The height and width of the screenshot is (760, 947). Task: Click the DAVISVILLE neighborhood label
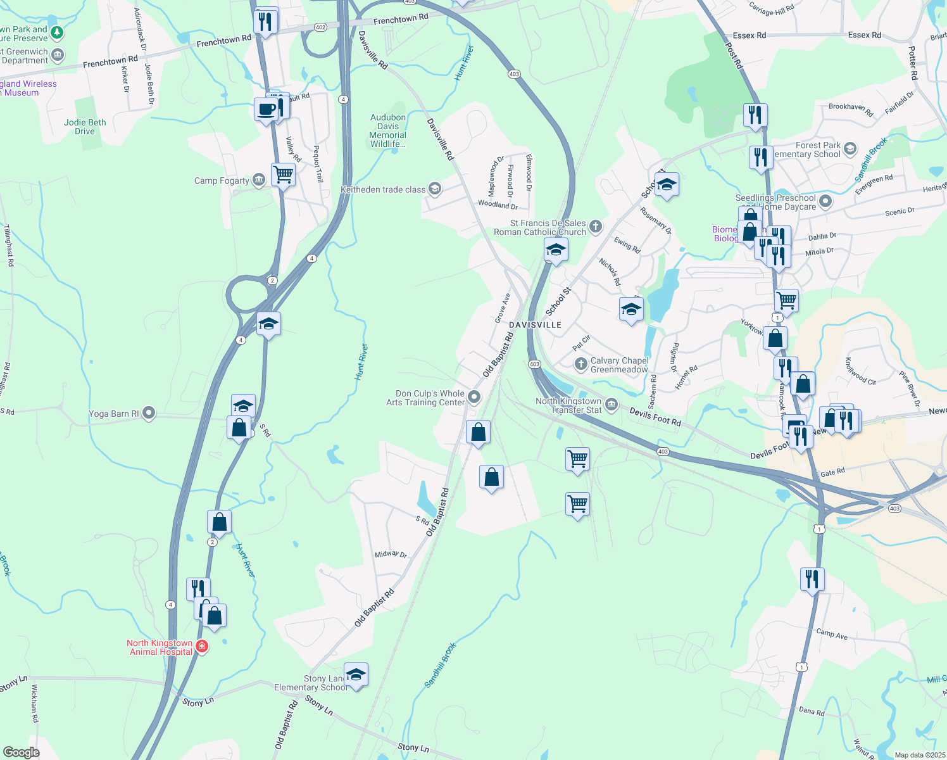pos(536,325)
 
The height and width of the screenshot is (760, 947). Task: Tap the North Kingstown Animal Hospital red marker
pos(202,647)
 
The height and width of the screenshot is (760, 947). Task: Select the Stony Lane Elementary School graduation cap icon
pos(356,675)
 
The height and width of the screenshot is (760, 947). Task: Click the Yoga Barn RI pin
pos(149,414)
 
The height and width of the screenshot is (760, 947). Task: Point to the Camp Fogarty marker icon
pos(258,180)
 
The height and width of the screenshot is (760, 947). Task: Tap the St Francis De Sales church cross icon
pos(595,226)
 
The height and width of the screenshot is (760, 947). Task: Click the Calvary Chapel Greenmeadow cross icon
pos(580,364)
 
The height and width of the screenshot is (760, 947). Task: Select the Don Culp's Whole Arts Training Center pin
pos(473,397)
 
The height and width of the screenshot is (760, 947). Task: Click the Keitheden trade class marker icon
pos(434,189)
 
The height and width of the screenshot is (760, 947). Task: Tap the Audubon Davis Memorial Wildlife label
pos(388,130)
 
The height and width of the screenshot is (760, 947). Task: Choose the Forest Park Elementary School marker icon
pos(850,149)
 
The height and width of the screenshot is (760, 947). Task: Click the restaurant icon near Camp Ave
pos(812,579)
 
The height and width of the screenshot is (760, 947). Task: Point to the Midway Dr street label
pos(391,554)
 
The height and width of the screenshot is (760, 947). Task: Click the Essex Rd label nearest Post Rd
pos(749,35)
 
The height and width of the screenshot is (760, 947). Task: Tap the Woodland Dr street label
pos(498,205)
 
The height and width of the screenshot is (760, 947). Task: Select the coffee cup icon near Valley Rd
pos(267,109)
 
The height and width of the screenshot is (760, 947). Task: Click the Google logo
pos(21,752)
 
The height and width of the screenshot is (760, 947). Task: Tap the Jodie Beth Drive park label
pos(85,127)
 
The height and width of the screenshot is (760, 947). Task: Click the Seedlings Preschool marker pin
pos(825,202)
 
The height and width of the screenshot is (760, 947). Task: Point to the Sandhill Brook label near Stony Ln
pos(440,666)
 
